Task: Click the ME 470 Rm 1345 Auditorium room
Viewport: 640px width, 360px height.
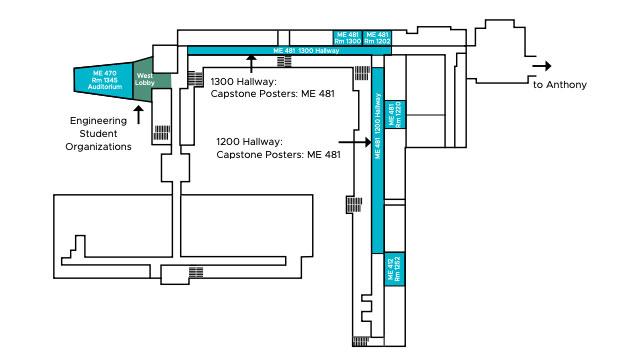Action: [x=104, y=80]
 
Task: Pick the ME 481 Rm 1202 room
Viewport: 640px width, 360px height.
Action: [x=376, y=38]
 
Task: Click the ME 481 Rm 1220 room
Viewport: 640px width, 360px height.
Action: [x=395, y=114]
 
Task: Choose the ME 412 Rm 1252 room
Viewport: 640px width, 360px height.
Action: [x=394, y=267]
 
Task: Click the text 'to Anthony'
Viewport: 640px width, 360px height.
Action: [x=559, y=85]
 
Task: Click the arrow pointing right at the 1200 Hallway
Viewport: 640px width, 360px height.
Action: [x=349, y=141]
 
